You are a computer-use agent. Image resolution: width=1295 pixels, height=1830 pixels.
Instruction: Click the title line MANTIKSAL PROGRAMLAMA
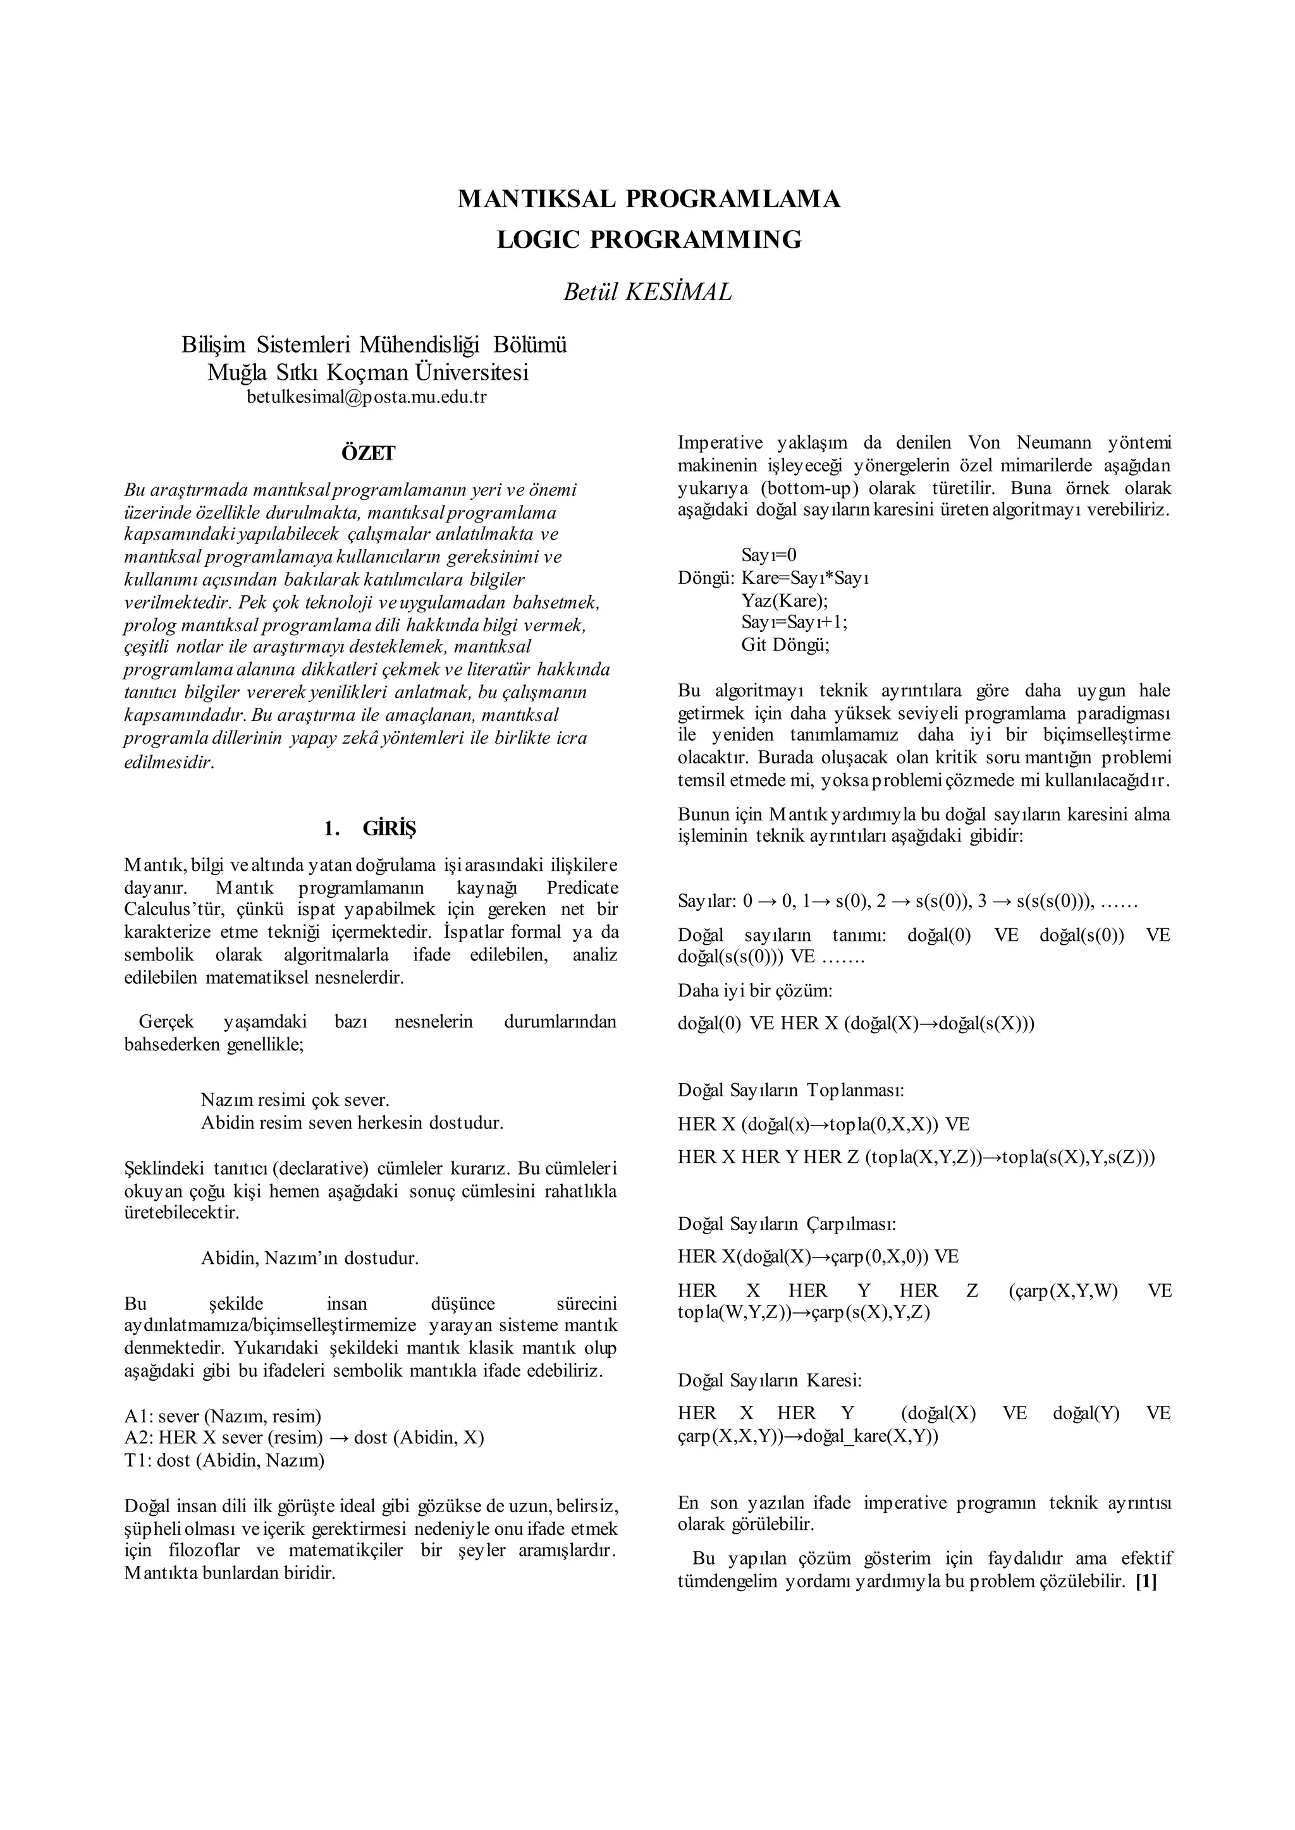(x=648, y=198)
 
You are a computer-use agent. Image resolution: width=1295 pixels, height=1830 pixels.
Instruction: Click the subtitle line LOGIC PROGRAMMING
(x=648, y=240)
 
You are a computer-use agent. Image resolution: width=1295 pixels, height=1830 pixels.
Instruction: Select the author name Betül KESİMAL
(x=647, y=293)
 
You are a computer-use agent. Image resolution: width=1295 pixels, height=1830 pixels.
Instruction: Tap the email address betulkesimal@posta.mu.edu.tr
(x=366, y=397)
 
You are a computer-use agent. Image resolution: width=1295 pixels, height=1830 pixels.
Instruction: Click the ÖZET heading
(x=369, y=454)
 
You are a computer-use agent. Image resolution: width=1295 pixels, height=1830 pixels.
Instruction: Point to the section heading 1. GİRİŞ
(x=370, y=829)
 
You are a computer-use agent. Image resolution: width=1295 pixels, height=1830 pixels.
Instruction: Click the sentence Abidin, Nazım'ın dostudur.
(x=309, y=1259)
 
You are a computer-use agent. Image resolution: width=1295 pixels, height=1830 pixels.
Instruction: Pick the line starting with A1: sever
(x=223, y=1416)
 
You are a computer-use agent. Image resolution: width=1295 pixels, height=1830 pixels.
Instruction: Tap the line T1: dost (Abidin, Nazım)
(x=224, y=1461)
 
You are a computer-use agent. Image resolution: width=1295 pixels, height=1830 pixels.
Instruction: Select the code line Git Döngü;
(x=785, y=645)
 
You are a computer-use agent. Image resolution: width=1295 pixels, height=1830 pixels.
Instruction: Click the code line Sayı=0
(x=769, y=555)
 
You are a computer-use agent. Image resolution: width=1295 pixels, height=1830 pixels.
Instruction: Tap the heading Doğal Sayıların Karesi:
(x=770, y=1381)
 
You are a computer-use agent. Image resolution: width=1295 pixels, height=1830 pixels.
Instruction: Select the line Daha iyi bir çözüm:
(x=755, y=991)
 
